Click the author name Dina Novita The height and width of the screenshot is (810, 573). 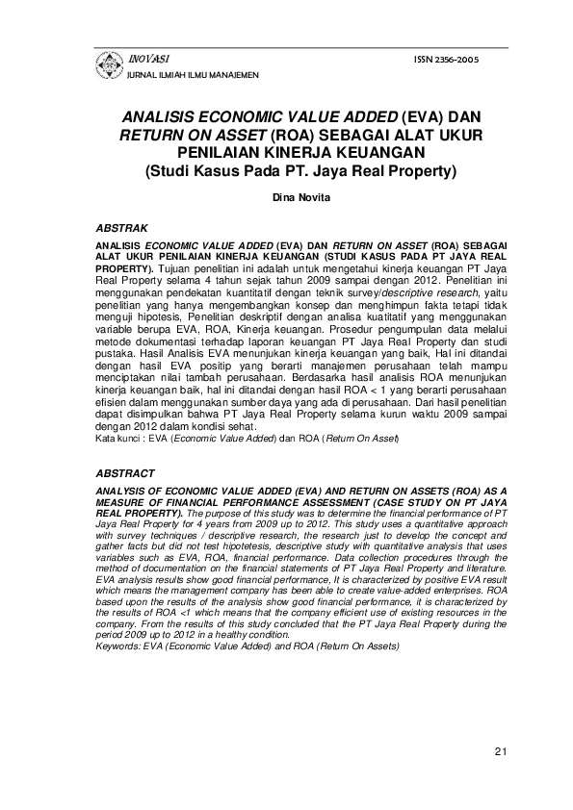(x=286, y=200)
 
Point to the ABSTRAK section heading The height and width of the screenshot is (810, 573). (x=121, y=229)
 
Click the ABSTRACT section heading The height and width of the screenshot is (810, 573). (x=124, y=474)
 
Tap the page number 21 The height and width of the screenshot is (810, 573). (x=499, y=750)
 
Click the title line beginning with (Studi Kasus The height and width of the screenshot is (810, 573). (x=286, y=171)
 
